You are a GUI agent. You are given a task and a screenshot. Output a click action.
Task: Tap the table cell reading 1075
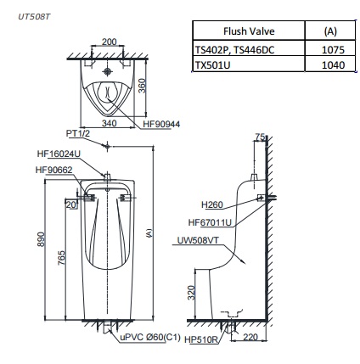click(x=332, y=50)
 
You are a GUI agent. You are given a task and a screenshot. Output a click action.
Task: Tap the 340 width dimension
click(x=109, y=123)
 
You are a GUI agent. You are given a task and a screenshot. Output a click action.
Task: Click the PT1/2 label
click(x=79, y=134)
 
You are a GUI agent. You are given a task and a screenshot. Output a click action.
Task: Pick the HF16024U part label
click(x=59, y=154)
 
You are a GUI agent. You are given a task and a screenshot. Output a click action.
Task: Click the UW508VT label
click(x=196, y=241)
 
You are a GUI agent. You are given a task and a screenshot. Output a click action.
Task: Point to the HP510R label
click(x=201, y=339)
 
